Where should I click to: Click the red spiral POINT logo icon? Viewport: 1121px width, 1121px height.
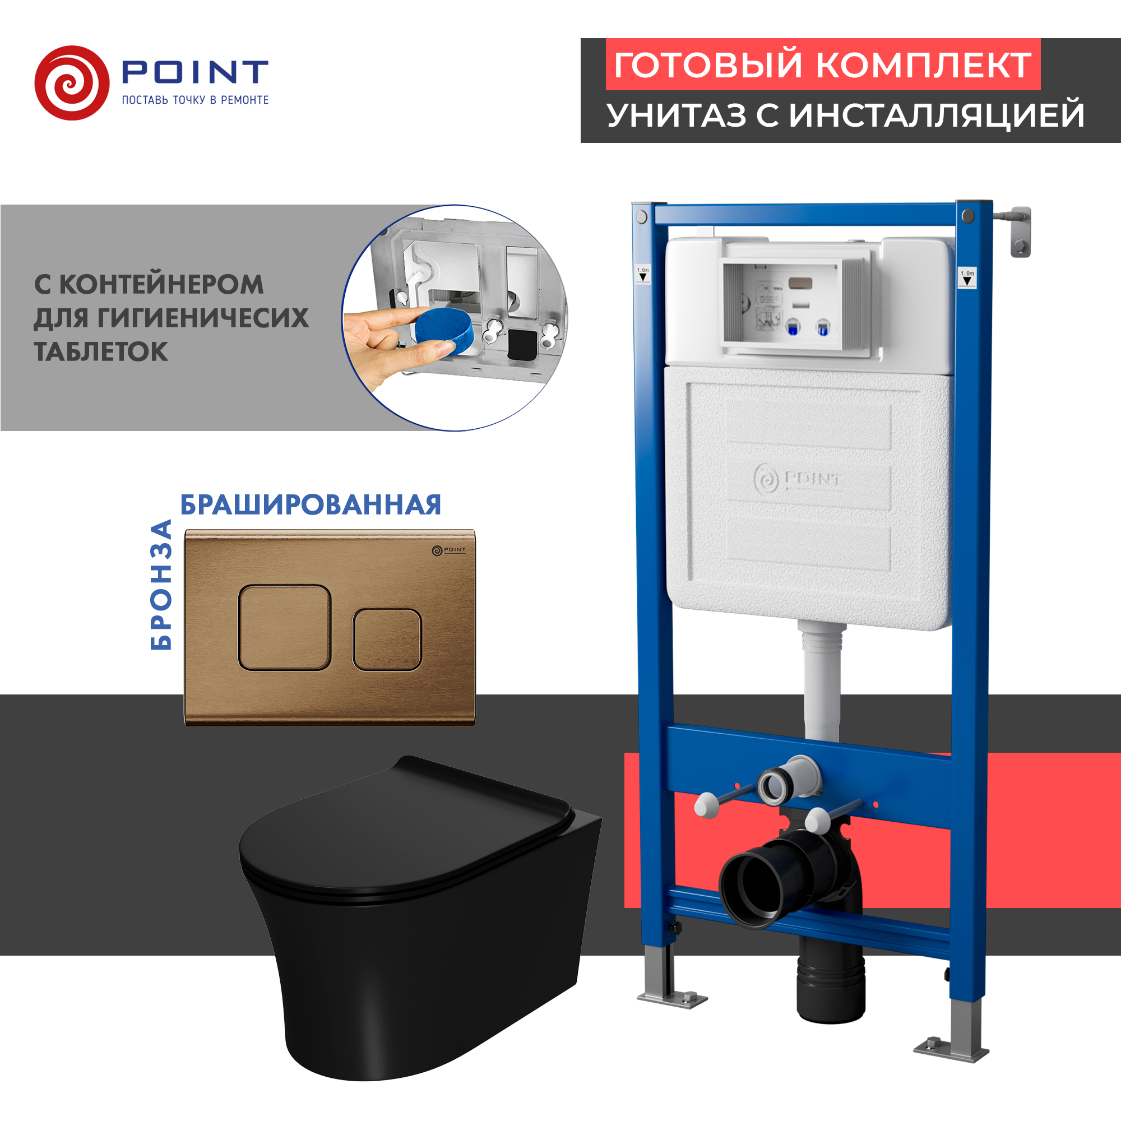click(x=72, y=83)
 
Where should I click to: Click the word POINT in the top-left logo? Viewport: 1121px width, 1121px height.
click(x=194, y=71)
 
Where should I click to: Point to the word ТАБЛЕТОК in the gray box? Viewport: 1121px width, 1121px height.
click(x=101, y=351)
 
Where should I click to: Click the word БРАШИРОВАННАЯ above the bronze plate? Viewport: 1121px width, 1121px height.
click(x=311, y=505)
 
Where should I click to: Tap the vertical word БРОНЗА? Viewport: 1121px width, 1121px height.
click(x=161, y=584)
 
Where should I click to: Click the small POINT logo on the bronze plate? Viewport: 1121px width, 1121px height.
click(x=449, y=549)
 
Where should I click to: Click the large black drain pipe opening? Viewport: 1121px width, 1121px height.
click(x=752, y=888)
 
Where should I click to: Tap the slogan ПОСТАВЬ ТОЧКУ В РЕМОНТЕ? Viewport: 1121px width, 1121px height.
click(x=195, y=100)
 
